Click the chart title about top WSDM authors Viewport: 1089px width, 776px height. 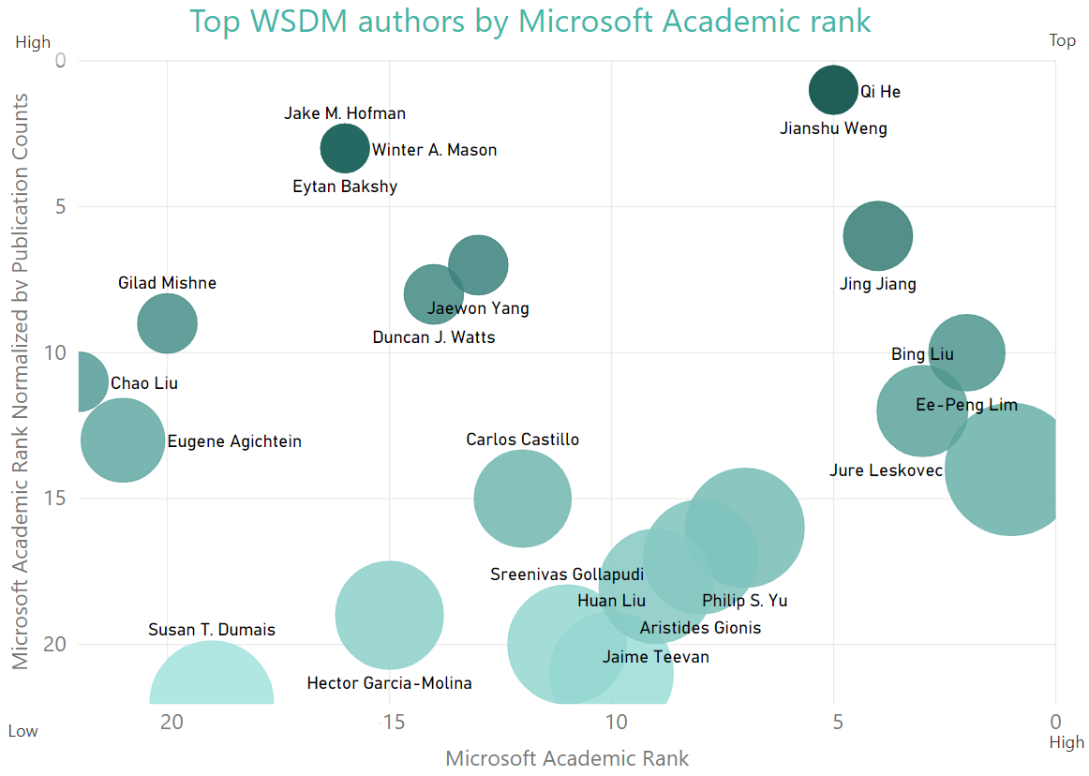pos(530,21)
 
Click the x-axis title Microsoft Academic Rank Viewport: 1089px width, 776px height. pos(567,758)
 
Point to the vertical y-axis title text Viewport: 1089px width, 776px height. pos(20,381)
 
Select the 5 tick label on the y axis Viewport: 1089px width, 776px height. pos(61,206)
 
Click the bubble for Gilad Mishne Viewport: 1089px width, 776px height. pos(167,324)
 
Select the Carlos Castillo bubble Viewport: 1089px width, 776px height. pos(522,499)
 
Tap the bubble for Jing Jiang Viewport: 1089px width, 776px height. pos(878,236)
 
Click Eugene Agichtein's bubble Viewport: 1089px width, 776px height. pos(123,440)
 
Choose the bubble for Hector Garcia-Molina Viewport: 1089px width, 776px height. pos(389,616)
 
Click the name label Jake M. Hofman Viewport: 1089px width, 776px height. pos(345,113)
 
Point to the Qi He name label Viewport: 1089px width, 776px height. pos(880,92)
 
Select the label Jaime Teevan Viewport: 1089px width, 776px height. pos(655,657)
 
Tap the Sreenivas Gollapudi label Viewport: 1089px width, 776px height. pos(567,575)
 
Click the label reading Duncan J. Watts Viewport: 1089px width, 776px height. pos(433,337)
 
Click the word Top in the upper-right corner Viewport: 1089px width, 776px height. pos(1062,41)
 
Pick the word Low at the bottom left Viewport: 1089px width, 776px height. pos(23,731)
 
